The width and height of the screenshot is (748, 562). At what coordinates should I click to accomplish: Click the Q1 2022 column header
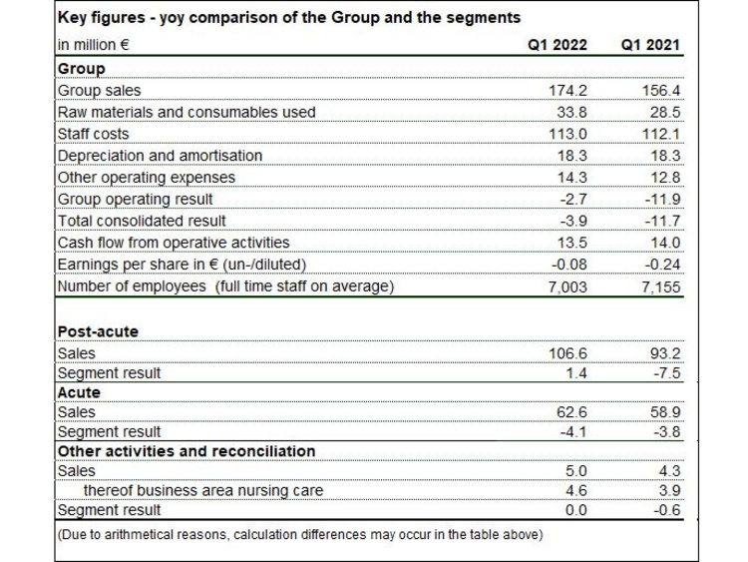(558, 45)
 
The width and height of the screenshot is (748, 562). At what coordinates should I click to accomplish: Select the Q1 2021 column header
(650, 45)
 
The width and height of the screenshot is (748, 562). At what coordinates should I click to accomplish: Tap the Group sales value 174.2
(567, 90)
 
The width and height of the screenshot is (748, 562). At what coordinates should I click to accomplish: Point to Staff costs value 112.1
(660, 134)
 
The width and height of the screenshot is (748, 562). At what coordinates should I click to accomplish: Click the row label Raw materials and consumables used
(187, 112)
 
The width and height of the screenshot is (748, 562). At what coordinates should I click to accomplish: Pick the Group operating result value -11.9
(662, 199)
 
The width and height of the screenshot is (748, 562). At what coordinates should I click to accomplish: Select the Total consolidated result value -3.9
(573, 221)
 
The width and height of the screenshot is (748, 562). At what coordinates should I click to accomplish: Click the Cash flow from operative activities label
(174, 243)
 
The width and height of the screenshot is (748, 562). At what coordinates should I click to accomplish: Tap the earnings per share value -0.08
(569, 265)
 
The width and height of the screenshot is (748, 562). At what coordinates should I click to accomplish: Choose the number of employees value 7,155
(660, 286)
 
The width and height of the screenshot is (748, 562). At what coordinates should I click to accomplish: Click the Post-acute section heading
(98, 331)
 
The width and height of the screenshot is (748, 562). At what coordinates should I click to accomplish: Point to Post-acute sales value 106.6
(567, 353)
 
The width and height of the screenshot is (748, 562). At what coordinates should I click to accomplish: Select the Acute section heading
(79, 392)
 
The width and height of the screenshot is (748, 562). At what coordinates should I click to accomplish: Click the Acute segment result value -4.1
(573, 431)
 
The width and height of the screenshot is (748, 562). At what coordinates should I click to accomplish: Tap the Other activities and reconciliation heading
(187, 451)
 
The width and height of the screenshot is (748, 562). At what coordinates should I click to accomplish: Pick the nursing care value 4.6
(576, 490)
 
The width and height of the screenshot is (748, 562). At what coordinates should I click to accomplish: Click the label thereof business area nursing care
(203, 490)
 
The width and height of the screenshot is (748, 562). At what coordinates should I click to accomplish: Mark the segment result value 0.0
(576, 510)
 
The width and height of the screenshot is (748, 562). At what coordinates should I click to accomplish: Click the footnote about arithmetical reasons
(300, 534)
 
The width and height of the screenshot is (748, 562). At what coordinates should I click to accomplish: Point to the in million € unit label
(94, 45)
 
